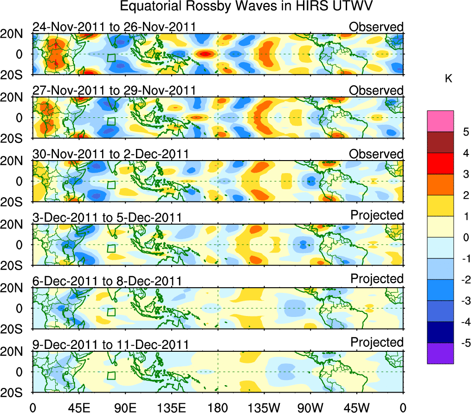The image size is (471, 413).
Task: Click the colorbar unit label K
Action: tap(448, 79)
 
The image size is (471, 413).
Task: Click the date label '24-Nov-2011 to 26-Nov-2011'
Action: tap(114, 27)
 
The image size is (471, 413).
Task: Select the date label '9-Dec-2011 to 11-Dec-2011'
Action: tap(110, 345)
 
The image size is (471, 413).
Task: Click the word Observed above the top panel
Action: tap(376, 27)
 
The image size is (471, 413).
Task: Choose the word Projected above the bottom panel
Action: tap(377, 342)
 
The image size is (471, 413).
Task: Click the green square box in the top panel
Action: tap(111, 58)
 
